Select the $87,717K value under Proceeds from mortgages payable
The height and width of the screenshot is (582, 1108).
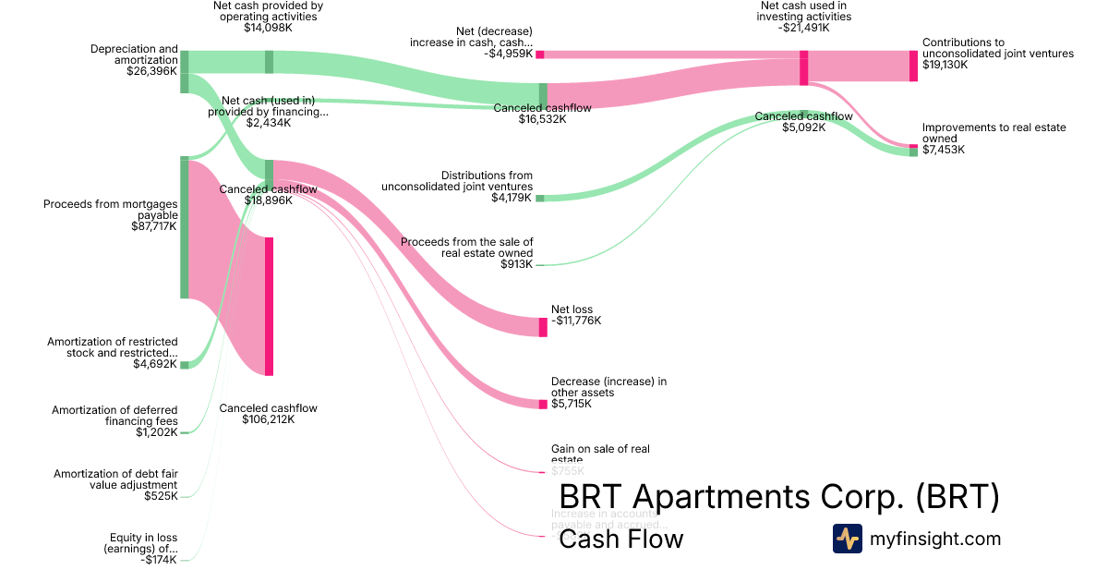pos(154,225)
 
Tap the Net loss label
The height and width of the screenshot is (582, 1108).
pos(572,309)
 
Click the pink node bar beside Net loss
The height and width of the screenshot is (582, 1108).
pos(543,327)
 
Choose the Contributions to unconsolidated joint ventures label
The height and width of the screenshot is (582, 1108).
pos(997,48)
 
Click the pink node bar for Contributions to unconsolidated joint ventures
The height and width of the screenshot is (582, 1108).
pos(913,66)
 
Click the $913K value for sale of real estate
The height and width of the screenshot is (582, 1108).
pos(516,264)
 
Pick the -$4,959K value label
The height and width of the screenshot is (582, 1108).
pos(510,54)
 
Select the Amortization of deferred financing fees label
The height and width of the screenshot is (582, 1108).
pos(114,416)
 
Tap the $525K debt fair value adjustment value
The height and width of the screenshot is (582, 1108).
pos(161,496)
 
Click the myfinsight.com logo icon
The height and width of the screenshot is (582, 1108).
pos(847,539)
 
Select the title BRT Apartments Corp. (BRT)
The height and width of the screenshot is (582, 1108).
pos(779,498)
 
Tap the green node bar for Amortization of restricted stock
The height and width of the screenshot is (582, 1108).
pos(184,365)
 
